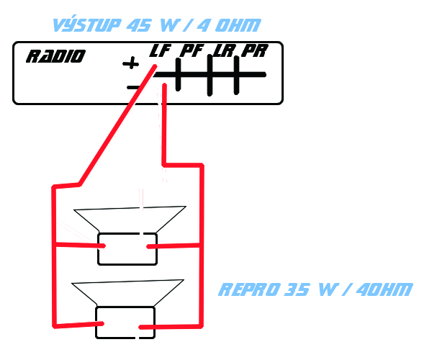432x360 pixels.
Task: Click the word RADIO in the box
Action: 55,57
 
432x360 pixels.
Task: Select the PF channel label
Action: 192,51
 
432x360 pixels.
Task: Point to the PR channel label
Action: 254,51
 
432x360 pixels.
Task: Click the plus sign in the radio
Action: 130,64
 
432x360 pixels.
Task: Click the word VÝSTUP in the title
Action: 86,25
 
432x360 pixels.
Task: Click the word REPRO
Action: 248,290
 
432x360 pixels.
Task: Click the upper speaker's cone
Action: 130,220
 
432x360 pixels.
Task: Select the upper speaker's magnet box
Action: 127,248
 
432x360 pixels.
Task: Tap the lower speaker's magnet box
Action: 125,323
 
